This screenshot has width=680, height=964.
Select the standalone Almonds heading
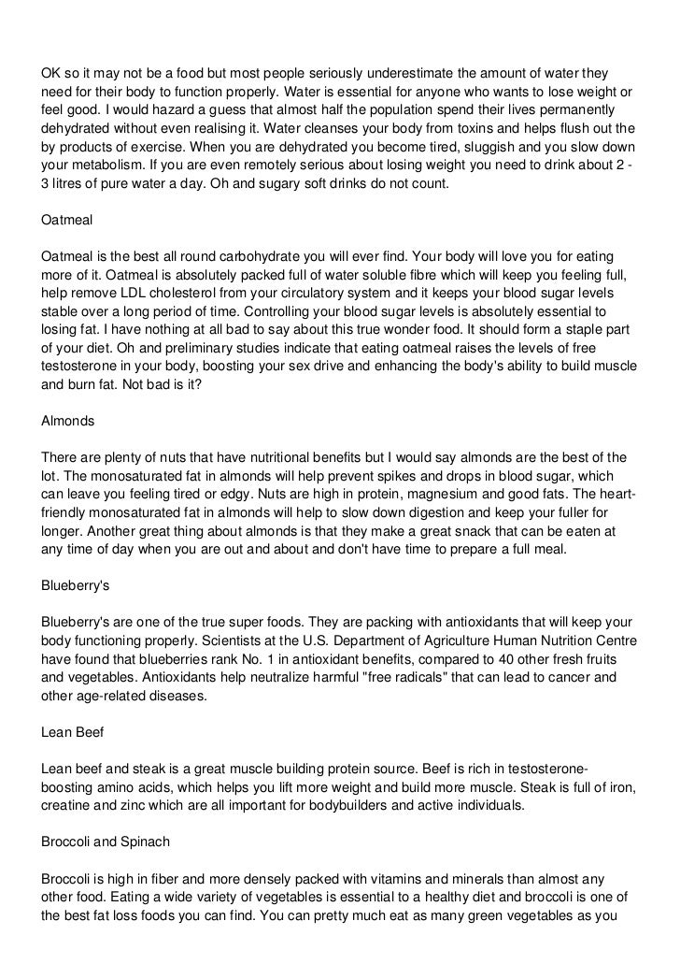coord(67,421)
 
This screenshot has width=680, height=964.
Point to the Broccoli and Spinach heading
coord(106,842)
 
